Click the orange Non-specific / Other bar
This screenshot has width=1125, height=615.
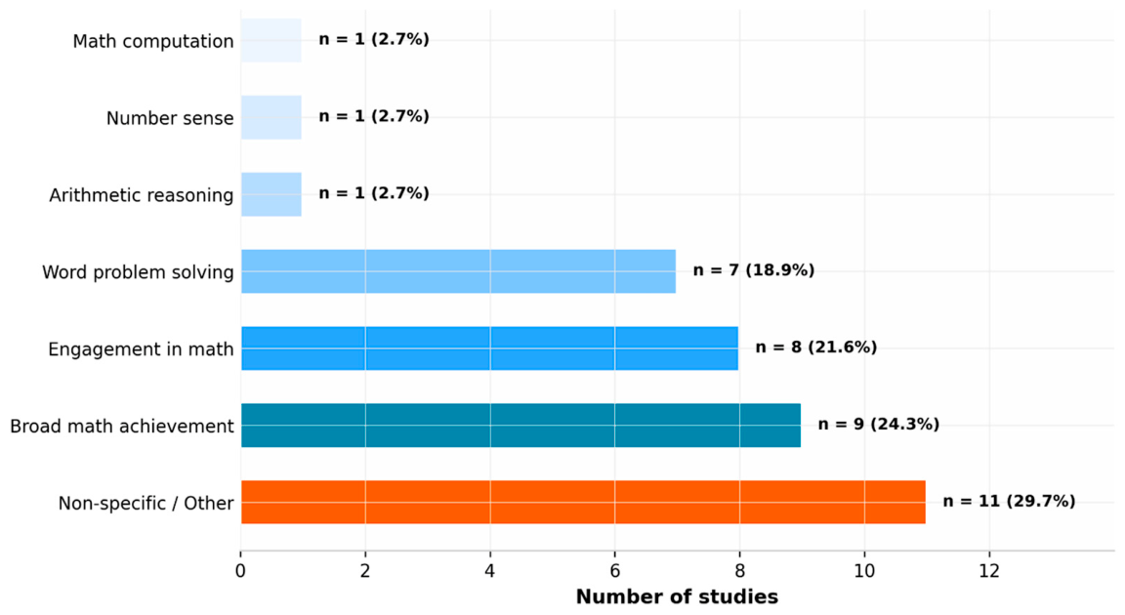[583, 502]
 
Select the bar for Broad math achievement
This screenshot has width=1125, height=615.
[521, 425]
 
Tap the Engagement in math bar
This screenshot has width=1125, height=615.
[489, 348]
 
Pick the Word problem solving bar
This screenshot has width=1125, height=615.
[458, 271]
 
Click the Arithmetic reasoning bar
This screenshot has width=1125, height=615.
[271, 194]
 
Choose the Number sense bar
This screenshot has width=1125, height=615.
[271, 117]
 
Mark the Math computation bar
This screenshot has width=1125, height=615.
[271, 40]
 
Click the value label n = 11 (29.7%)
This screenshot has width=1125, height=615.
[1009, 502]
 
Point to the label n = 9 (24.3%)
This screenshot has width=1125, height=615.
[878, 425]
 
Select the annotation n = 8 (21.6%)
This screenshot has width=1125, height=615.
[815, 348]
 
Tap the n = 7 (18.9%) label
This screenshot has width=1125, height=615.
[753, 270]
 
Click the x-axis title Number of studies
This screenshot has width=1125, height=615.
[677, 597]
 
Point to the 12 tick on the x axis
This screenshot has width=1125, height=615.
[989, 571]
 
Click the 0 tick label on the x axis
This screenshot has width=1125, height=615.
[241, 571]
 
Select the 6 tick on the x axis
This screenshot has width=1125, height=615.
[615, 571]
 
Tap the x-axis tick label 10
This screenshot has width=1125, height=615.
[864, 571]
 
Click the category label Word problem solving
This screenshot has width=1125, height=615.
[138, 272]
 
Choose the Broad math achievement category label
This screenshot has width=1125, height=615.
[122, 427]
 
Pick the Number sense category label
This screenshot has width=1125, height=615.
[170, 118]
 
